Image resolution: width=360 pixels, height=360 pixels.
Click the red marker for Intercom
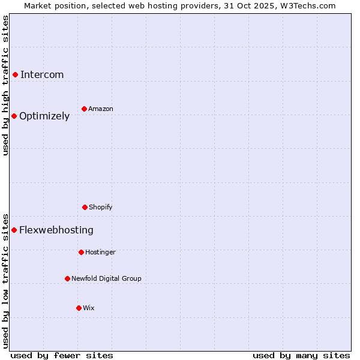coord(15,74)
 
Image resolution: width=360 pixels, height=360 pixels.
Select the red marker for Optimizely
coord(14,116)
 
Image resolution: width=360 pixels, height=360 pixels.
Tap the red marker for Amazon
coord(84,109)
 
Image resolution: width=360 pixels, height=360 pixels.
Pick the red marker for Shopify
coord(85,207)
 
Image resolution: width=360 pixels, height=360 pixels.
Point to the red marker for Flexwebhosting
coord(14,230)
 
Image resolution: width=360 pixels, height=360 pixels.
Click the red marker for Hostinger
coord(81,252)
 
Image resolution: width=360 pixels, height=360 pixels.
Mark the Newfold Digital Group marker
coord(67,278)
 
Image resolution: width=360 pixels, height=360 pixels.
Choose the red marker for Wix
coord(79,308)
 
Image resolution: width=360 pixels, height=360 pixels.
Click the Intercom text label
coord(42,74)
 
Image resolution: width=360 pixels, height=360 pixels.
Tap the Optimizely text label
coord(44,116)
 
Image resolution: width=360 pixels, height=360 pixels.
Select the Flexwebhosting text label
coord(56,230)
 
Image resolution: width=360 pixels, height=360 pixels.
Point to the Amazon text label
coord(101,109)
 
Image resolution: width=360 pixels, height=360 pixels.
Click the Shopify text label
coord(101,207)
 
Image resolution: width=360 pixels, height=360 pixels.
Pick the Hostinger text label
coord(100,252)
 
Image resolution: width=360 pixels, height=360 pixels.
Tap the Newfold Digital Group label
coord(106,278)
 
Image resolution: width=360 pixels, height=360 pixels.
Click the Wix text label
coord(89,308)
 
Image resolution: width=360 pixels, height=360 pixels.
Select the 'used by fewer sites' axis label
coord(62,355)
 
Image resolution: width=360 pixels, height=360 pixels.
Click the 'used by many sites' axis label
coord(301,355)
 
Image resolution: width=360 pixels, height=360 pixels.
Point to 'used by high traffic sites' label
coord(5,85)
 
